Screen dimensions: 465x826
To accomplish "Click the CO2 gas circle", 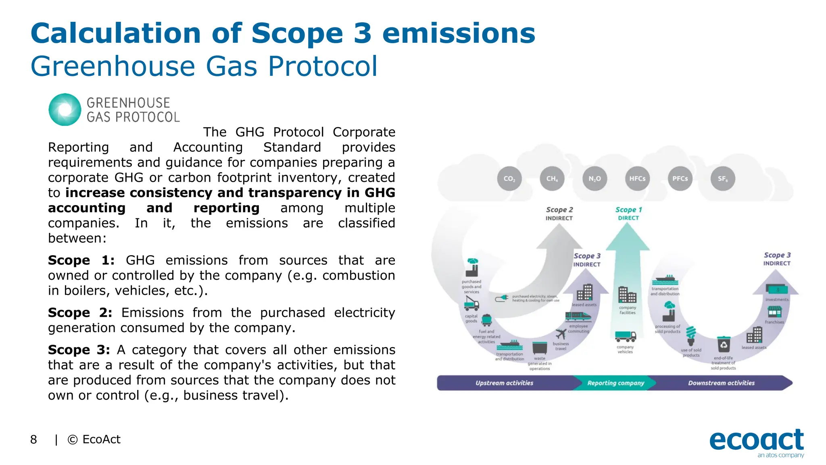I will point(509,178).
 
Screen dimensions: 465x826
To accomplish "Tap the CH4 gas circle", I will point(552,178).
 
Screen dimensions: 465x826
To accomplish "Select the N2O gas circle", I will point(595,178).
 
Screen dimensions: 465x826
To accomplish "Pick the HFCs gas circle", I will point(637,178).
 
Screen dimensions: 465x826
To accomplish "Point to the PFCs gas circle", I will point(680,178).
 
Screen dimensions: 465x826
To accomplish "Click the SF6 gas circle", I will point(723,178).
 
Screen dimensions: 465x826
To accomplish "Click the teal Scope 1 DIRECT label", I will point(628,214).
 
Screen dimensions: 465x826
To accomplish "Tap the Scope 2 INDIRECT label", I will point(559,214).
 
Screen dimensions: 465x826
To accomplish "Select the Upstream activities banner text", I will point(504,383).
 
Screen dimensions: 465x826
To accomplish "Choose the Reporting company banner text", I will point(615,383).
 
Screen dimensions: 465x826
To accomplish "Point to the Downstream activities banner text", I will point(721,383).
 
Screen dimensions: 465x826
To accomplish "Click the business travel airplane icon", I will point(561,334).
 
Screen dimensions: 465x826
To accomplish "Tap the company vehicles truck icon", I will point(626,336).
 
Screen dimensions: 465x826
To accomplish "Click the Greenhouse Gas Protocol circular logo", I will point(65,110).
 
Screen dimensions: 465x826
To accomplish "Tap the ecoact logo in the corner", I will point(757,442).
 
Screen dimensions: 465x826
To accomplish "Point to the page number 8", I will point(33,440).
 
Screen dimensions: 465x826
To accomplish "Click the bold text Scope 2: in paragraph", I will point(80,313).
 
